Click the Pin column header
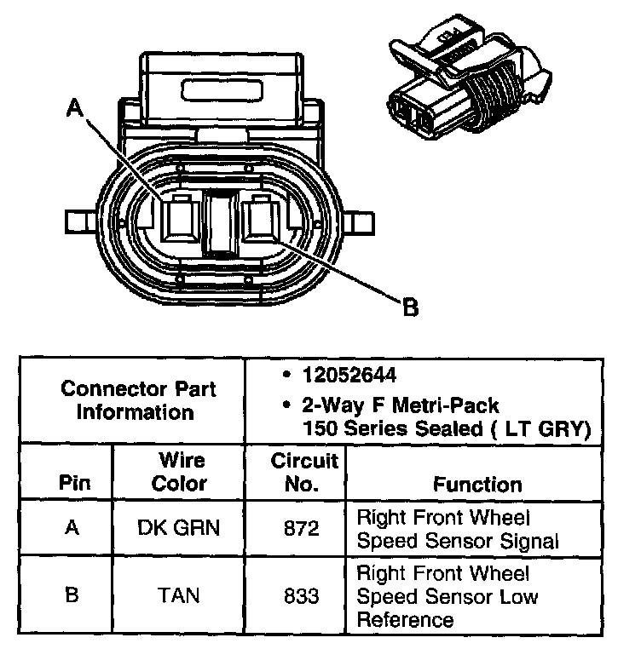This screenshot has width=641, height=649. click(72, 485)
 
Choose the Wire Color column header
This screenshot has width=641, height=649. click(182, 473)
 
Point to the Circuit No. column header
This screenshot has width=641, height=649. click(303, 473)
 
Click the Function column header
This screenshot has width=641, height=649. click(477, 485)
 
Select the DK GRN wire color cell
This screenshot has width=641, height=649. click(178, 528)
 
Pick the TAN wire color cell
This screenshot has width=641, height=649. click(178, 594)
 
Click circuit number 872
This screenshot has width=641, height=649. click(302, 528)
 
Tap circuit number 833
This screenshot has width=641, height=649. click(302, 594)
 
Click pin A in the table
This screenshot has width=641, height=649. click(72, 528)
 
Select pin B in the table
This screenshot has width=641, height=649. click(72, 594)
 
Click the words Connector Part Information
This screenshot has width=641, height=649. click(138, 400)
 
